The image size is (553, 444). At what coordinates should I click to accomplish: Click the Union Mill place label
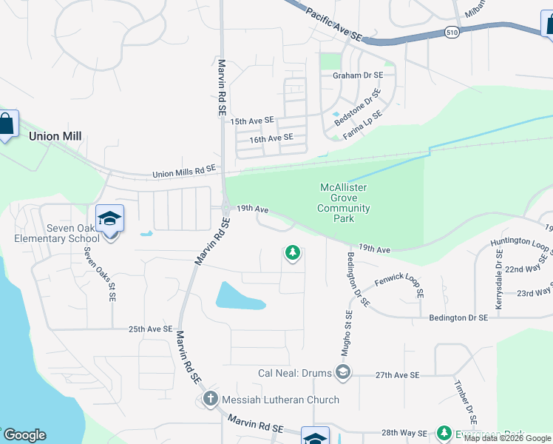pos(55,136)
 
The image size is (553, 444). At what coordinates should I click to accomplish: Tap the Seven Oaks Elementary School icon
pos(109,219)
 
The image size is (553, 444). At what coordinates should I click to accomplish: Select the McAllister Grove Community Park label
pos(344,203)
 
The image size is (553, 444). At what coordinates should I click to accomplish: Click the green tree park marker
pos(293,254)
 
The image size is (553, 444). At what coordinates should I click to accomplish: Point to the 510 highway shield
pos(452,32)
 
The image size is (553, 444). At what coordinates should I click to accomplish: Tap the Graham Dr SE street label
pos(358,75)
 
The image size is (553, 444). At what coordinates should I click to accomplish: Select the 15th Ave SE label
pos(252,120)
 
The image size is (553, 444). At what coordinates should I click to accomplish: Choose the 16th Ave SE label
pos(271,138)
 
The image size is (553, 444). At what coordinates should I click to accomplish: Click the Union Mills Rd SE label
pos(184,172)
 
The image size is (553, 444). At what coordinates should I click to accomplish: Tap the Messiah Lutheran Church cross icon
pos(210,400)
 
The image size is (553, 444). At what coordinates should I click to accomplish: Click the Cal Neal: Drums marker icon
pos(342,371)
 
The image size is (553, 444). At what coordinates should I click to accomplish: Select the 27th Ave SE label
pos(397,375)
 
